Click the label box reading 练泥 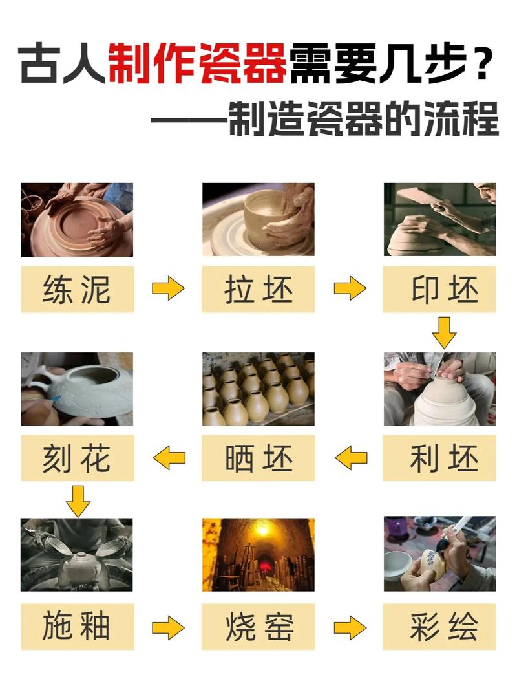(78, 288)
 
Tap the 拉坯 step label (258, 288)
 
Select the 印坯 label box (439, 288)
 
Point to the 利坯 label (439, 458)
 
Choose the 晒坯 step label (258, 458)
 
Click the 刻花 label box (78, 458)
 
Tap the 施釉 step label (78, 627)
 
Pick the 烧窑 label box (258, 627)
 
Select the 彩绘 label (439, 627)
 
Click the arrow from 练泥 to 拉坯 (168, 288)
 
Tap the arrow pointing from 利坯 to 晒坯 (350, 458)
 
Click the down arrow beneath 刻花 (78, 501)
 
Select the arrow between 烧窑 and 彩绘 (350, 627)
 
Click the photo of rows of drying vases (258, 389)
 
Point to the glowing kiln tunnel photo (258, 555)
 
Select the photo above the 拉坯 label (258, 219)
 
